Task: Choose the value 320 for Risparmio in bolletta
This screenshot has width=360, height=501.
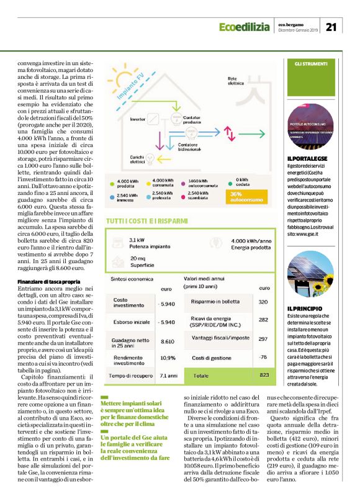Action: [x=263, y=302]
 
